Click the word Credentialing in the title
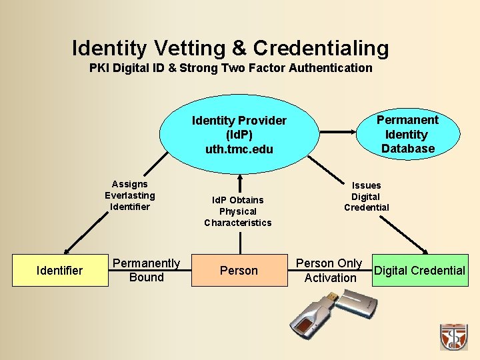(x=321, y=48)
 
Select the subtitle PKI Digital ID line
(x=231, y=68)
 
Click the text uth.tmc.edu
(x=239, y=149)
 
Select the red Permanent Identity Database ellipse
(x=407, y=134)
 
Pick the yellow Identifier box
(x=60, y=270)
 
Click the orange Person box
(x=239, y=270)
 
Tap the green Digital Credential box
(x=419, y=270)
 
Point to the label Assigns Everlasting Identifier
(x=129, y=195)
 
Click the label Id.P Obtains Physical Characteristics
(x=238, y=211)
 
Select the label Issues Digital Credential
(x=366, y=197)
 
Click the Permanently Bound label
(x=146, y=270)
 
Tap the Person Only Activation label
(x=329, y=271)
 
